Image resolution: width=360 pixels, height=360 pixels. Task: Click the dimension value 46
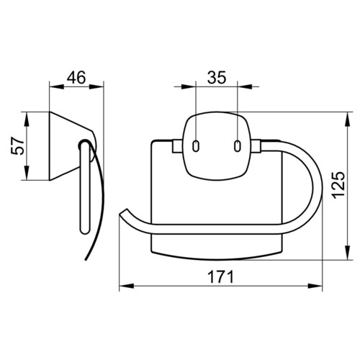tap(76, 78)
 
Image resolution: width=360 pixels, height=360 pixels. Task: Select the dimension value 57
tap(18, 146)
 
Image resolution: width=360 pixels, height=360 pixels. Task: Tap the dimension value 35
tap(217, 78)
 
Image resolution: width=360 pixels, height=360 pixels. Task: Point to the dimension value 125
tap(339, 185)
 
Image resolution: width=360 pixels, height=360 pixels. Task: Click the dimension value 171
tap(220, 276)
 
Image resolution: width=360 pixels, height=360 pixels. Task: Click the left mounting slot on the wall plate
tap(196, 145)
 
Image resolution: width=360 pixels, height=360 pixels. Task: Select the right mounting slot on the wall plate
tap(238, 145)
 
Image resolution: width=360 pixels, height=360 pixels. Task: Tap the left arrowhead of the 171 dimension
tap(126, 286)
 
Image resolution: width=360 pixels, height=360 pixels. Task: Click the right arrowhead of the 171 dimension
tap(315, 286)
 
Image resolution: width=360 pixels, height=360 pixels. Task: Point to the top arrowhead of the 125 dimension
tap(348, 119)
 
